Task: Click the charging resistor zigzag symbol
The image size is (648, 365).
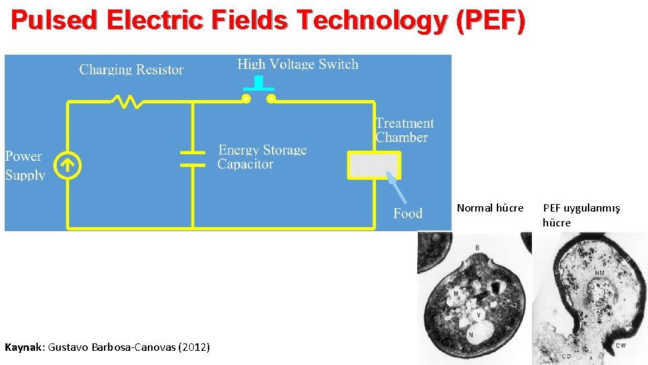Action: tap(128, 101)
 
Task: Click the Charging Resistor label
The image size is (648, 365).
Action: tap(131, 70)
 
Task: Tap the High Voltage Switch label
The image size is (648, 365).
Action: tap(298, 65)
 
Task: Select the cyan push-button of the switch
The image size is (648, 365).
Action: tap(259, 83)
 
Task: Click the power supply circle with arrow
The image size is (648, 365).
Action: tap(67, 165)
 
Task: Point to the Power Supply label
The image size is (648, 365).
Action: tap(25, 166)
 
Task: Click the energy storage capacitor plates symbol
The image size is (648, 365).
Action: tap(192, 158)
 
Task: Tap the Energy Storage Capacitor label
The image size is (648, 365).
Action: tap(262, 157)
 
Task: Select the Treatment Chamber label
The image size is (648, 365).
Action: tap(404, 130)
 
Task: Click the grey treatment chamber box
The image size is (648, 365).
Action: tap(374, 165)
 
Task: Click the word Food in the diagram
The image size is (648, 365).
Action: tap(408, 214)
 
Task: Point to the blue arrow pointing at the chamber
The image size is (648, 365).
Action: tap(397, 189)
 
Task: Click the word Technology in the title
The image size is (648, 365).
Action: tap(373, 22)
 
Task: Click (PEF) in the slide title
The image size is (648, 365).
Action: tap(490, 22)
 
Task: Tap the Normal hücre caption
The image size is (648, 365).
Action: tap(490, 208)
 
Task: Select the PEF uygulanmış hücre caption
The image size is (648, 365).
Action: tap(581, 215)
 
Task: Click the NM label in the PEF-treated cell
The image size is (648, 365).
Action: tap(599, 274)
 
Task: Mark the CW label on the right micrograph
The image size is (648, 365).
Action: tap(620, 345)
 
